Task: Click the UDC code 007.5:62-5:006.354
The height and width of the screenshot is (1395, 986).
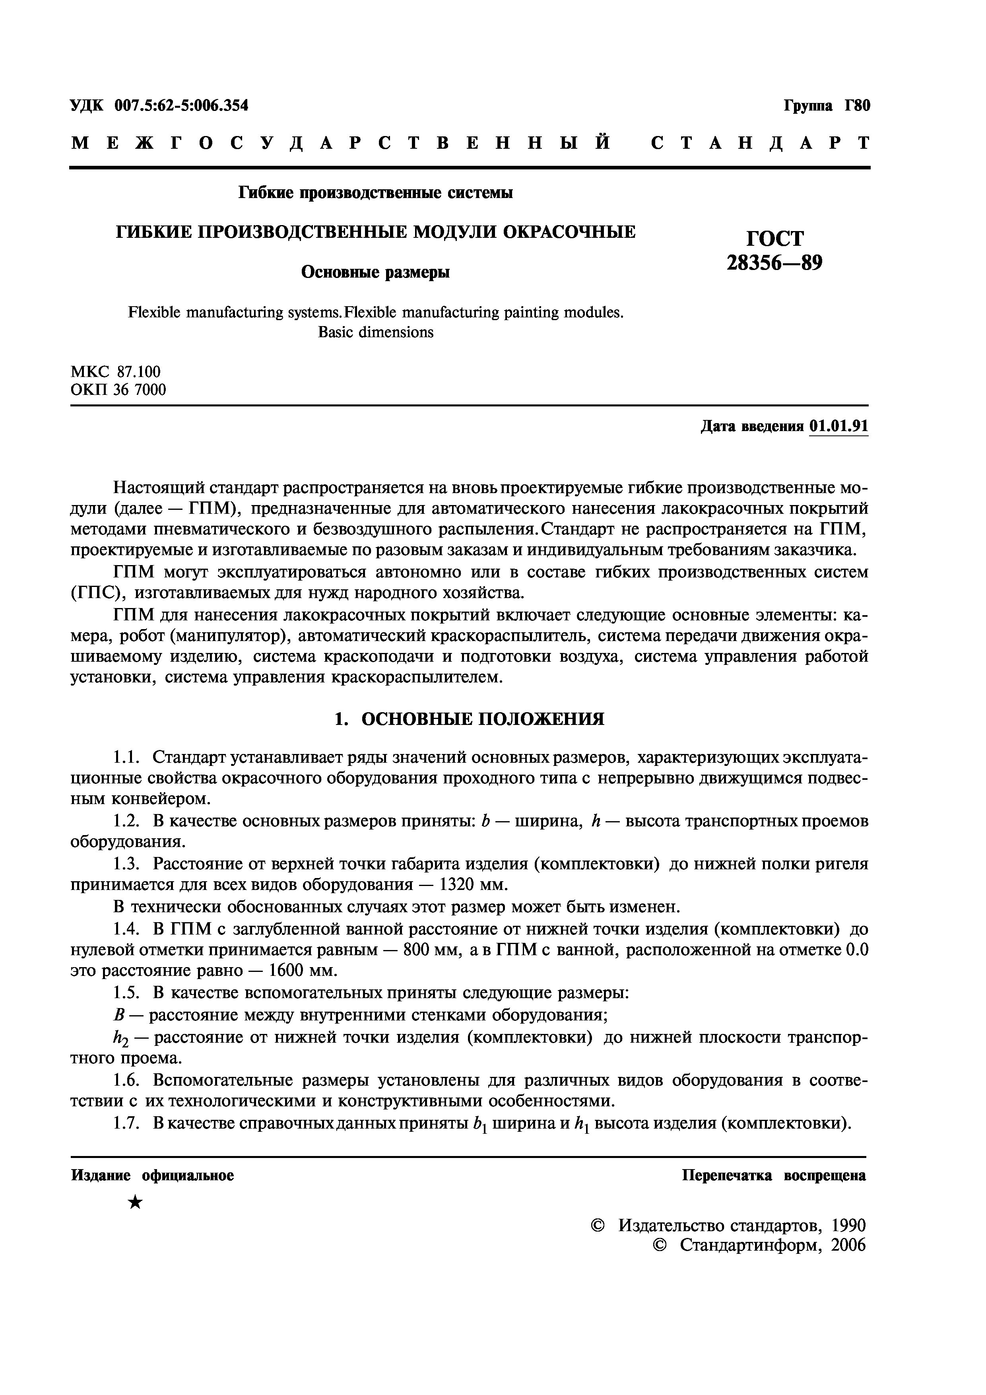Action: (181, 106)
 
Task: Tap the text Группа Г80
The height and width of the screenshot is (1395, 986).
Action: (827, 106)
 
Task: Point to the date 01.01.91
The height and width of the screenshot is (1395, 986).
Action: (839, 427)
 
